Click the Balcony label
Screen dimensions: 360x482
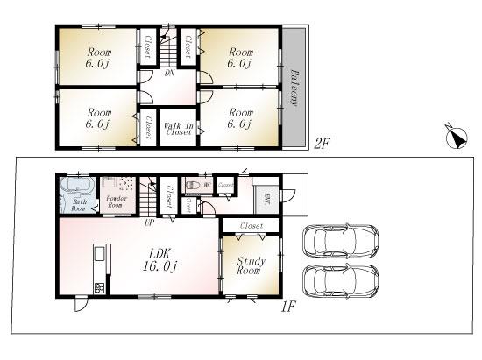[x=294, y=86]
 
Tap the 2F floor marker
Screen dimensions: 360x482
[x=323, y=144]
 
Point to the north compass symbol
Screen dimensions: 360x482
[x=455, y=136]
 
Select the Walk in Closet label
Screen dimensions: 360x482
[x=179, y=129]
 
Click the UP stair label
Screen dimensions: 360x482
[x=150, y=222]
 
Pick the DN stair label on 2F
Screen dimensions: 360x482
[x=169, y=74]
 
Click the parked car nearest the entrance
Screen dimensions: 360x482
[x=338, y=242]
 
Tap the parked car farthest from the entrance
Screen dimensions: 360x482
[x=338, y=281]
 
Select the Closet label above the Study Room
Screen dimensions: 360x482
[x=251, y=225]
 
